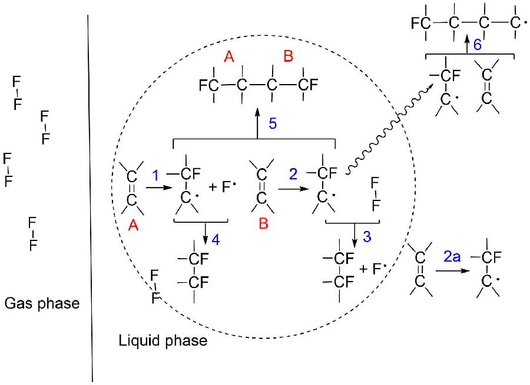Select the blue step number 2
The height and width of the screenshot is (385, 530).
(x=293, y=176)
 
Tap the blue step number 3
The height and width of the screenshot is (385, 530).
(x=366, y=237)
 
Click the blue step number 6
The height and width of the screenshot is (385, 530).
(x=478, y=45)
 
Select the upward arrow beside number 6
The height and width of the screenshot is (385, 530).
(x=469, y=45)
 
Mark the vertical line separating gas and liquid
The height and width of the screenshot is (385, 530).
(x=90, y=194)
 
